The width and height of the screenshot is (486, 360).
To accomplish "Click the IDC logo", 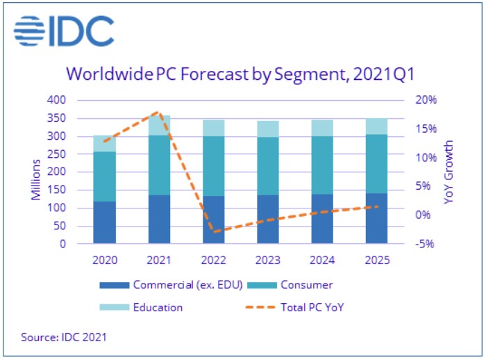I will click(x=63, y=32).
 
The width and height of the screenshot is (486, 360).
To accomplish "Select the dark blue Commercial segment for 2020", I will click(x=104, y=222).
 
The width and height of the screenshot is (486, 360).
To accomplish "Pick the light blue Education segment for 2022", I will click(x=213, y=128).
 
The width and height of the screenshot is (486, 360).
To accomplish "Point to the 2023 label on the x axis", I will click(x=267, y=261).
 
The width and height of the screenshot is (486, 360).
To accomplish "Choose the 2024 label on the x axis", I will click(x=321, y=261).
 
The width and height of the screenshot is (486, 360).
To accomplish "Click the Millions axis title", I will click(x=36, y=172).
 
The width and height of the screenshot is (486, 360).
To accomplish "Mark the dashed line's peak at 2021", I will click(x=159, y=111).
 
